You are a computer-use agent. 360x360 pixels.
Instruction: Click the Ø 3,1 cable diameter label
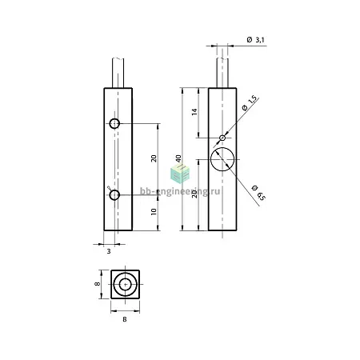pos(255,40)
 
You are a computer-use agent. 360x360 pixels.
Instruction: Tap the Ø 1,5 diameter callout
pos(250,103)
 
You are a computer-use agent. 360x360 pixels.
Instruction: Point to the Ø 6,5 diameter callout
pos(258,193)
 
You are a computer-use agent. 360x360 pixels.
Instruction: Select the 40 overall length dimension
pos(178,158)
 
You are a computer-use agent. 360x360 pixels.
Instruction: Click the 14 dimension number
pos(194,112)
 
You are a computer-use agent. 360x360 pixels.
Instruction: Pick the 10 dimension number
pos(154,212)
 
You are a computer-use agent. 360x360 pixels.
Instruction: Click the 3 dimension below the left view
pos(109,251)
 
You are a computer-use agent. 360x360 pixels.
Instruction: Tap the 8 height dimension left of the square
pos(98,284)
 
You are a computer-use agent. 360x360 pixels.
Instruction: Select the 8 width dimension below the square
pos(125,319)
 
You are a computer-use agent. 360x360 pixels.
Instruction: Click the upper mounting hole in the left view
pos(114,123)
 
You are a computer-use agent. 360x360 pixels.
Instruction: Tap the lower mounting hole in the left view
pos(114,195)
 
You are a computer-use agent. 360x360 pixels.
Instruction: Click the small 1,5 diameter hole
pos(222,138)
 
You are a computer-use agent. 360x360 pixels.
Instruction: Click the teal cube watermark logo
pos(180,173)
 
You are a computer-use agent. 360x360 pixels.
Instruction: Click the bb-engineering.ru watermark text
pos(180,191)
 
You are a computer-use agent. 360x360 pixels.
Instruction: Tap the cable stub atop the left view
pos(118,73)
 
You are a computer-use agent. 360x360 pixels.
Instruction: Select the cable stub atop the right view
pos(222,73)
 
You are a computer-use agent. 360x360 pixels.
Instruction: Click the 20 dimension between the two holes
pos(154,158)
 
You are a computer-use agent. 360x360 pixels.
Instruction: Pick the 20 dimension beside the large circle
pos(194,194)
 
